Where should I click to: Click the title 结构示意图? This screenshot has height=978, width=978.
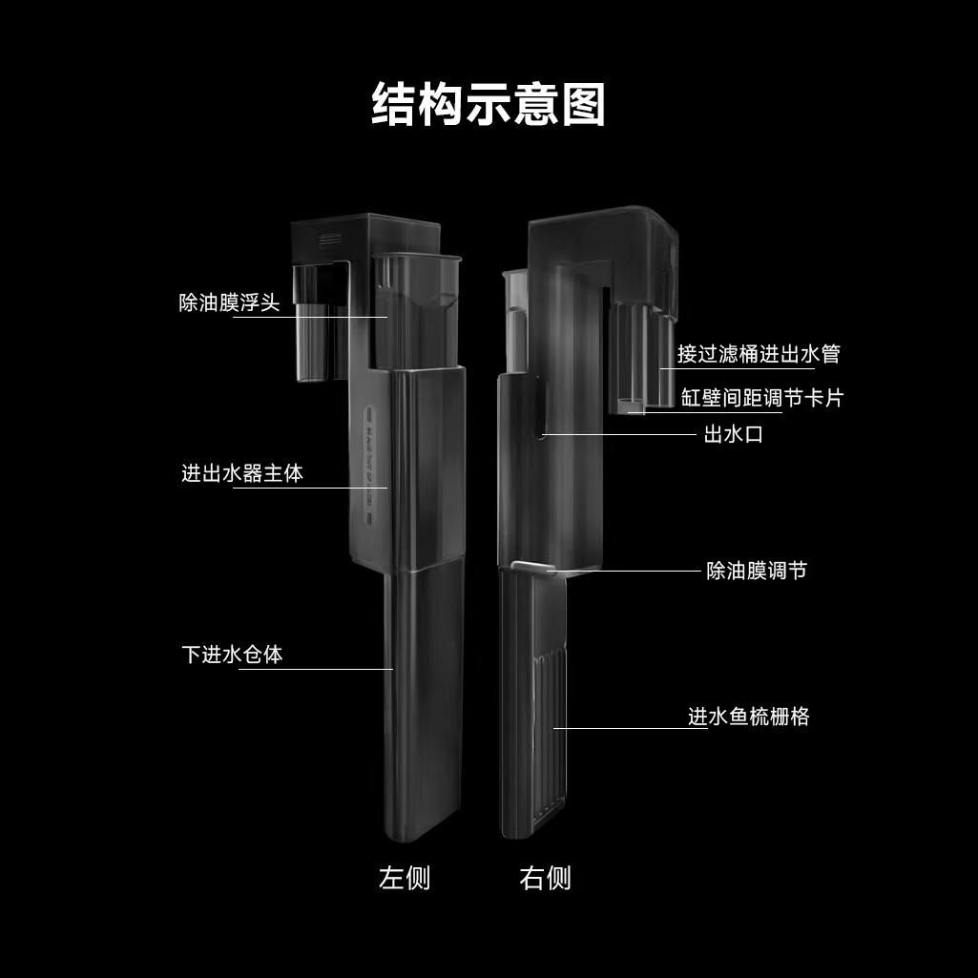coord(489,105)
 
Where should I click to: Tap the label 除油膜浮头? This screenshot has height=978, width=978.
coord(230,302)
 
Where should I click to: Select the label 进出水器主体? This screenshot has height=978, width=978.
coord(242,473)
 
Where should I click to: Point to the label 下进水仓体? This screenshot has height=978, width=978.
coord(232,655)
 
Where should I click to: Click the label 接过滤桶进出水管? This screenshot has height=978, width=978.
coord(760,354)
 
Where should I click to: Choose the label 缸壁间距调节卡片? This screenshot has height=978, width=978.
coord(762,397)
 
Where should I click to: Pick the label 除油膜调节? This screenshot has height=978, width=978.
coord(757,570)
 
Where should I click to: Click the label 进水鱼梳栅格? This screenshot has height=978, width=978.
coord(748,716)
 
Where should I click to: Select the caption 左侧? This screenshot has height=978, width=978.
coord(405,878)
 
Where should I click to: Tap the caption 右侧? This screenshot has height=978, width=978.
coord(545,878)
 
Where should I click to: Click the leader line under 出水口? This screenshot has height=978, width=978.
coord(618,434)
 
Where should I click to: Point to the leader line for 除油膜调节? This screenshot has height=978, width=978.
coord(624,570)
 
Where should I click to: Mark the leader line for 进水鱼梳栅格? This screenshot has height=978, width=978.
coord(630,728)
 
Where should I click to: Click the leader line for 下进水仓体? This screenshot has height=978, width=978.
coord(316,669)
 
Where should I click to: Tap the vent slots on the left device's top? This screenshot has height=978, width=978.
coord(330,239)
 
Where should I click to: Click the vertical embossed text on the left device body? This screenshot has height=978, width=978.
coord(368,465)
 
